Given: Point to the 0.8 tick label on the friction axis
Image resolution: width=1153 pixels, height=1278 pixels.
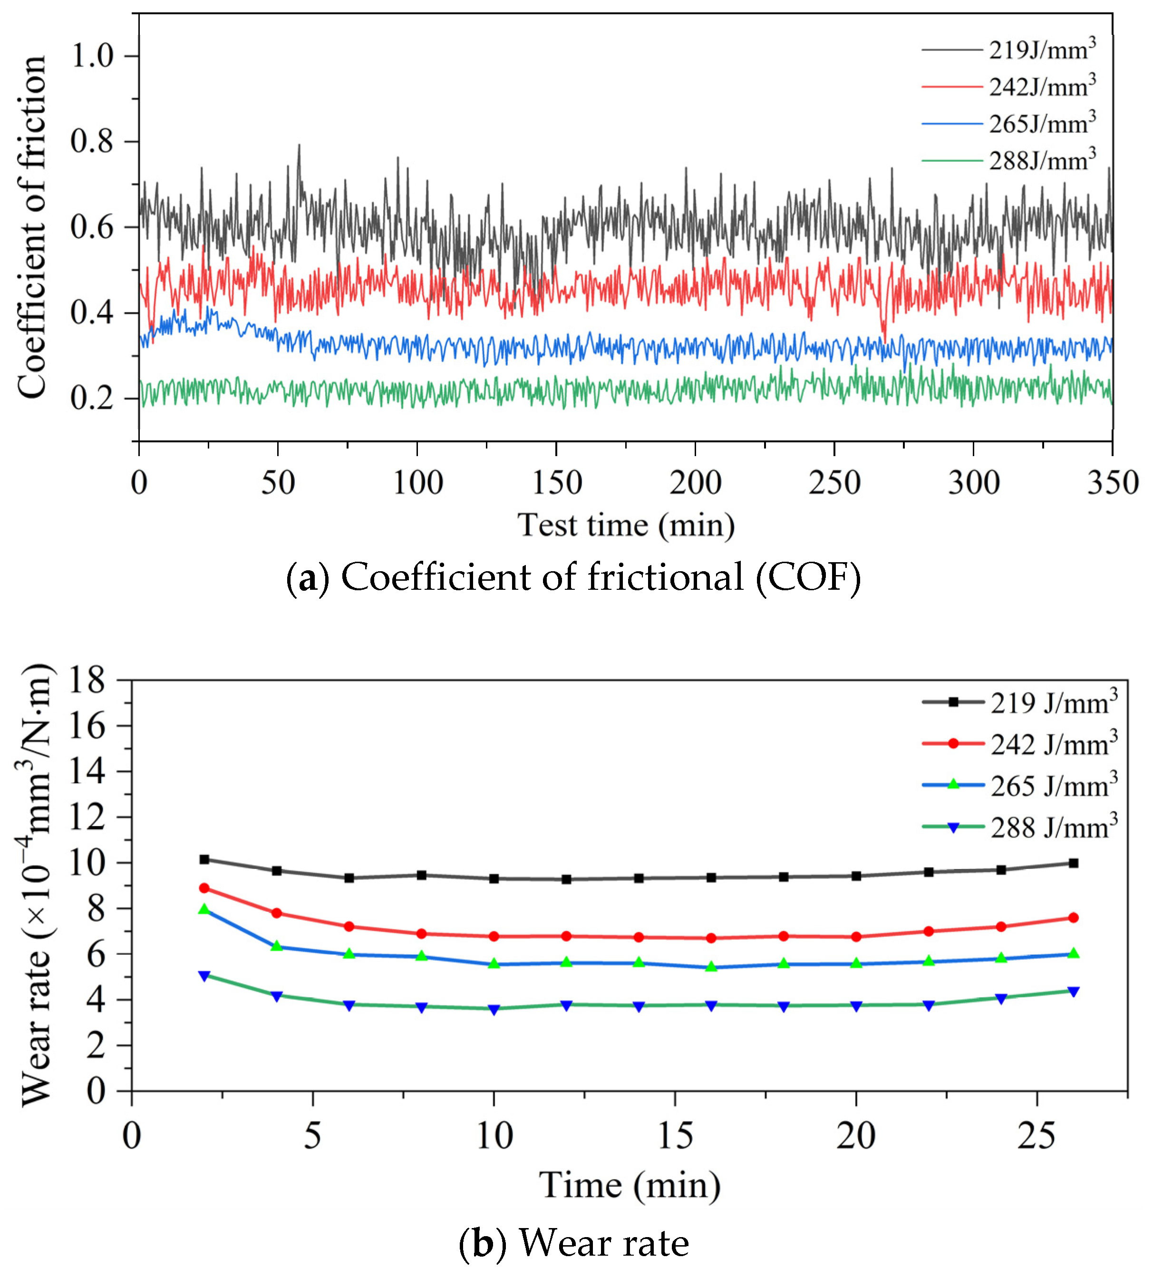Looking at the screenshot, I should click(92, 141).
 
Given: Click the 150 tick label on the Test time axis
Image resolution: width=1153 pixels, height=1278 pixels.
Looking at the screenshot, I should click(556, 483).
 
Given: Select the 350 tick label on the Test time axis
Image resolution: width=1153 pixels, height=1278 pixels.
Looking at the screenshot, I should click(1112, 483).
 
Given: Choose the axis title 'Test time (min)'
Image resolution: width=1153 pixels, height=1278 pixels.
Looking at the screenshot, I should click(626, 525).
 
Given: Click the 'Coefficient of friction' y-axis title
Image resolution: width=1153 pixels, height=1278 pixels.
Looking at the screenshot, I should click(32, 227).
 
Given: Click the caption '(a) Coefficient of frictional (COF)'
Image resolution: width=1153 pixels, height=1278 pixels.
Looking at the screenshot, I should click(573, 577).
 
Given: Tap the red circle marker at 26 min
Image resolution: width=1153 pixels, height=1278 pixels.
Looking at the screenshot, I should click(1073, 918).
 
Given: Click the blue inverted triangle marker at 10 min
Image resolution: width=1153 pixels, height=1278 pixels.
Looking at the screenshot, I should click(494, 1009).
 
